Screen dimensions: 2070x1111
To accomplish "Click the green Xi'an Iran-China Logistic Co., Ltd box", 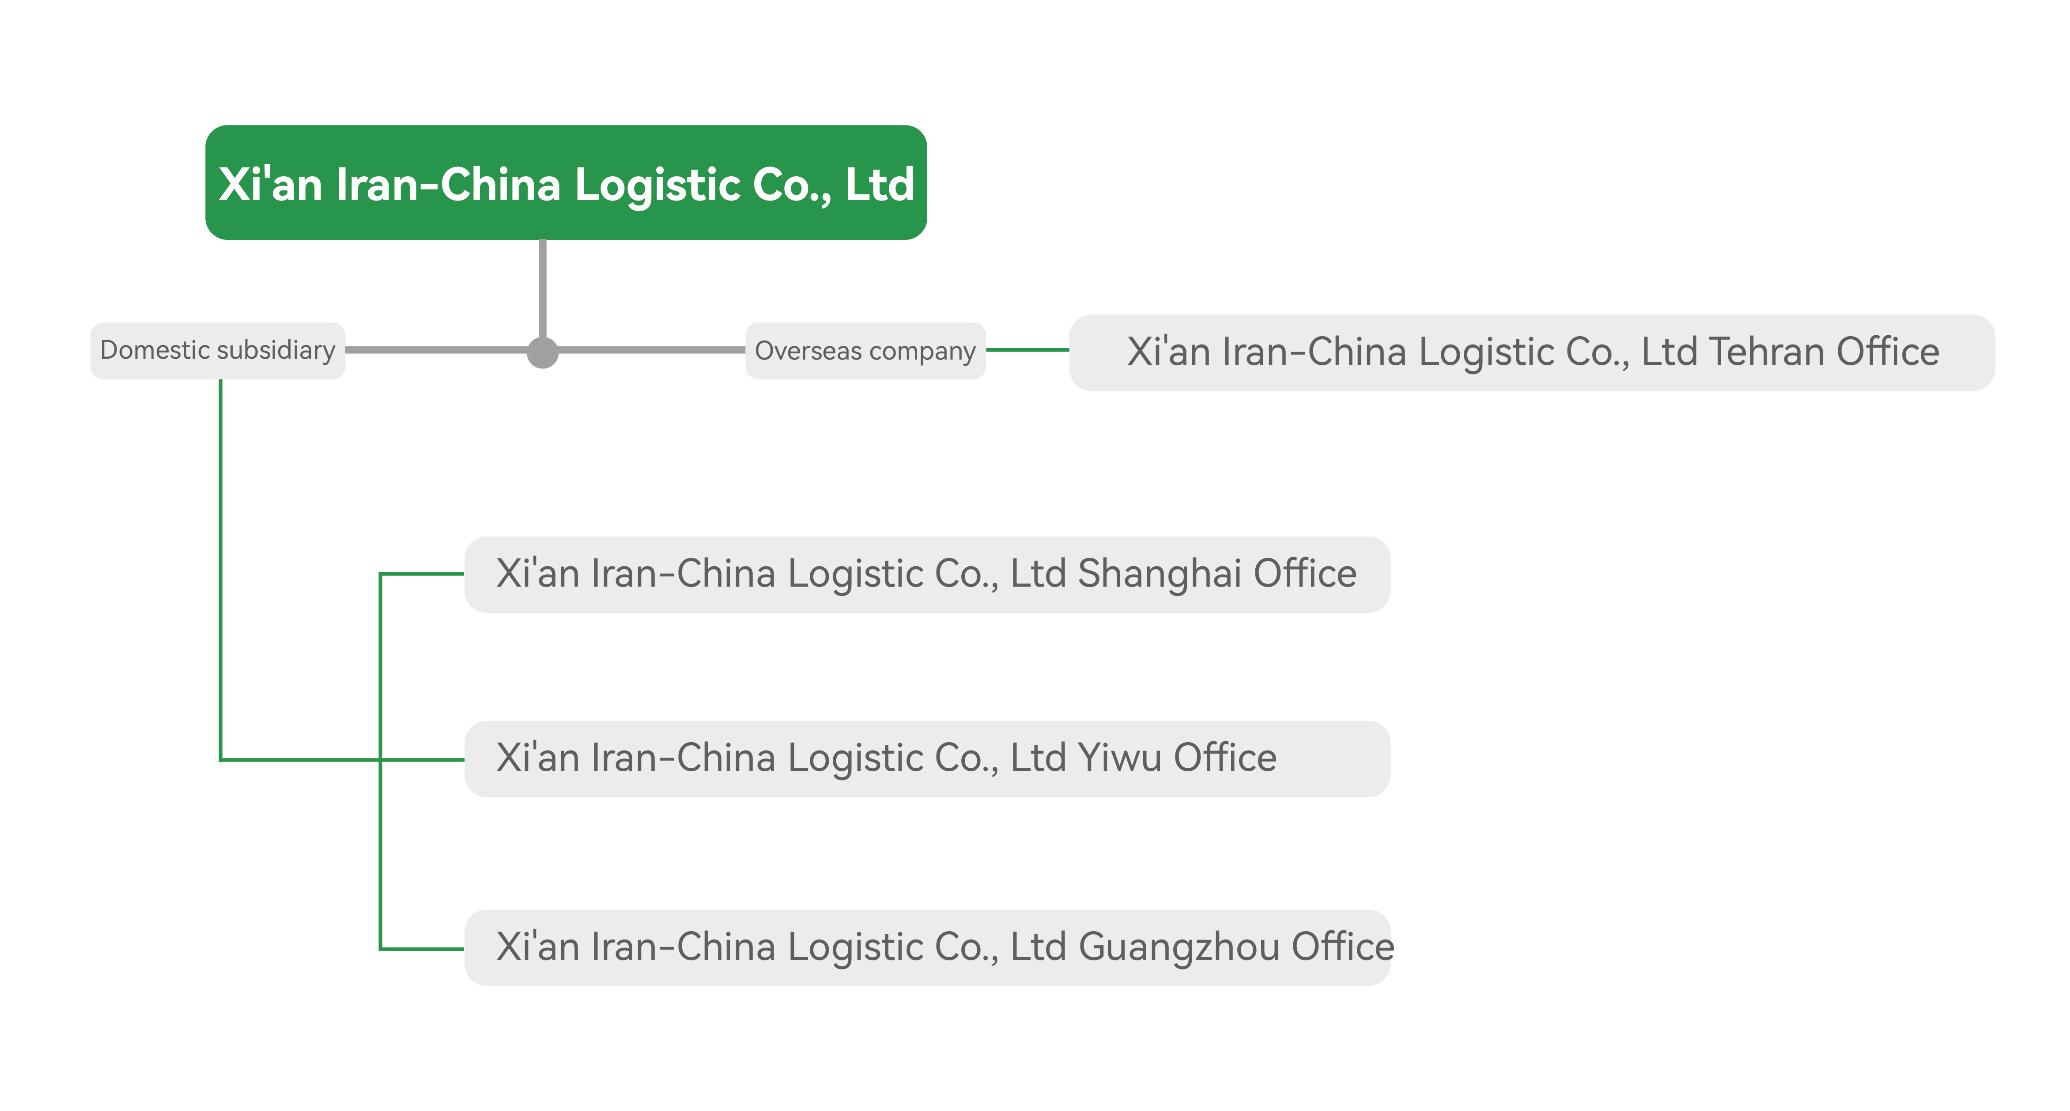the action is (x=566, y=182).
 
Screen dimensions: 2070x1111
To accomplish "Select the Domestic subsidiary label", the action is (x=218, y=350).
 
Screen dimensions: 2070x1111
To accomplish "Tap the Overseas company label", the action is (x=865, y=350).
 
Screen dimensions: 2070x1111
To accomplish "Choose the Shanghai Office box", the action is (x=927, y=574).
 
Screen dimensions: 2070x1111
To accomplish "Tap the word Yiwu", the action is (x=1119, y=758).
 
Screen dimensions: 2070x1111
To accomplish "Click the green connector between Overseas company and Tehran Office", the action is (x=1028, y=350).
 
